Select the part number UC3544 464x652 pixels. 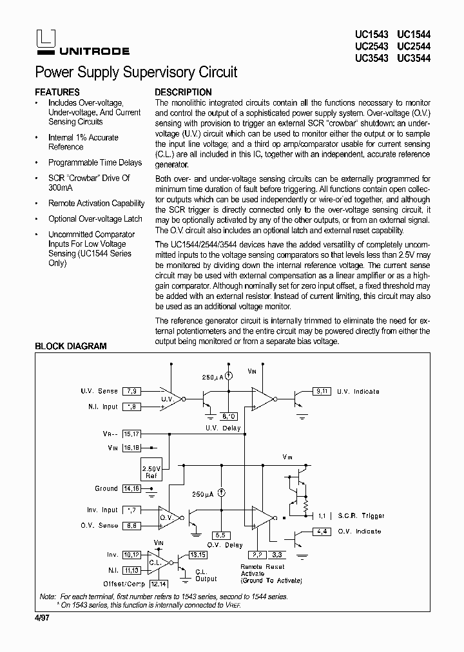pos(414,58)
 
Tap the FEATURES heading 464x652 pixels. pos(57,92)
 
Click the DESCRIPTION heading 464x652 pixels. pos(183,92)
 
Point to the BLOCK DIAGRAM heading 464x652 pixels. pos(70,346)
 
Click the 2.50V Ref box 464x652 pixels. pos(152,472)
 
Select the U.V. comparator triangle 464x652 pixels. pos(170,399)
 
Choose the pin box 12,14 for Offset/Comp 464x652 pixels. pos(158,583)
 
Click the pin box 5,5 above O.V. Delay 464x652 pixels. pos(220,535)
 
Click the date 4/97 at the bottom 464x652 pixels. pos(41,619)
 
